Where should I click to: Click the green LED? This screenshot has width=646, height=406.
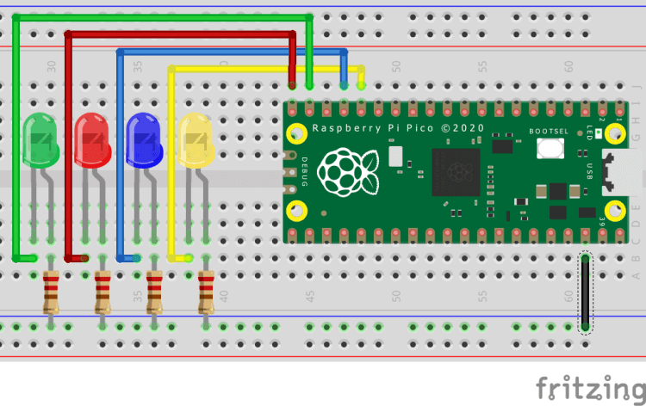click(x=40, y=140)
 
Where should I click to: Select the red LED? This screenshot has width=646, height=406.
click(x=92, y=140)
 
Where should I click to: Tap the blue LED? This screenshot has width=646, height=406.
click(x=144, y=140)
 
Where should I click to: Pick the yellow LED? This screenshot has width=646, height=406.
click(x=195, y=140)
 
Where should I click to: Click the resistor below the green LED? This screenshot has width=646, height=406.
click(x=51, y=292)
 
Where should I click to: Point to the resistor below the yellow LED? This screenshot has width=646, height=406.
click(x=206, y=292)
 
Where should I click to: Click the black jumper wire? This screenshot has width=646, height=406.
click(x=585, y=292)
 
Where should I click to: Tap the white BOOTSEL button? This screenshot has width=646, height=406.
click(x=550, y=148)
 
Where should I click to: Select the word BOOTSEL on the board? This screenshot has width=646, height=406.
click(x=549, y=130)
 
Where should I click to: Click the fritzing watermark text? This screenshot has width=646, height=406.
click(x=590, y=388)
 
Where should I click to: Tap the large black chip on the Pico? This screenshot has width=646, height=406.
click(x=456, y=171)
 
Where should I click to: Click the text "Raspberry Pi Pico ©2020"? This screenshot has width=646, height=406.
click(x=397, y=128)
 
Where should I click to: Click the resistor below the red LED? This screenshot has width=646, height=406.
click(x=102, y=292)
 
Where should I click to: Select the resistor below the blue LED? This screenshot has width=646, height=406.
click(x=154, y=292)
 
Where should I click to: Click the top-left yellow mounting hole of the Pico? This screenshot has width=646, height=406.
click(x=297, y=133)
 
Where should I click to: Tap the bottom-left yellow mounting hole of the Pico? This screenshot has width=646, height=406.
click(x=297, y=209)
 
